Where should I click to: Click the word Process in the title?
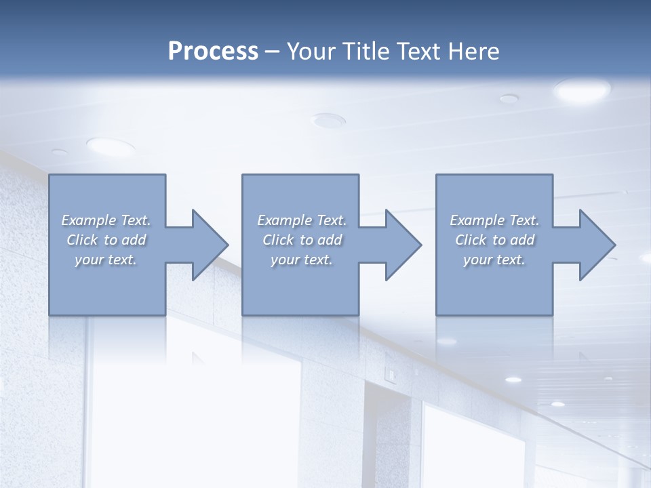pyautogui.click(x=213, y=52)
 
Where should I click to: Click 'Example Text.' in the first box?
pyautogui.click(x=106, y=220)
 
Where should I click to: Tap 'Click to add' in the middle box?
pyautogui.click(x=302, y=240)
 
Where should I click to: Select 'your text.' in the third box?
pyautogui.click(x=494, y=260)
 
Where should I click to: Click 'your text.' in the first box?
pyautogui.click(x=106, y=260)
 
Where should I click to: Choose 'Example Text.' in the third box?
pyautogui.click(x=494, y=220)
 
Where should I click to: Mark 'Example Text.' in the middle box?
pyautogui.click(x=302, y=220)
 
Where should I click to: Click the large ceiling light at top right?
pyautogui.click(x=582, y=89)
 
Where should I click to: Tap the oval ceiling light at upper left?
pyautogui.click(x=111, y=145)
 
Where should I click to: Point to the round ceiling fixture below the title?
pyautogui.click(x=328, y=121)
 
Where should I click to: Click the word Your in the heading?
pyautogui.click(x=311, y=52)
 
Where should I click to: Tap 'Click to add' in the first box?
pyautogui.click(x=106, y=240)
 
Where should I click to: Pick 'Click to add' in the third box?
pyautogui.click(x=494, y=240)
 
